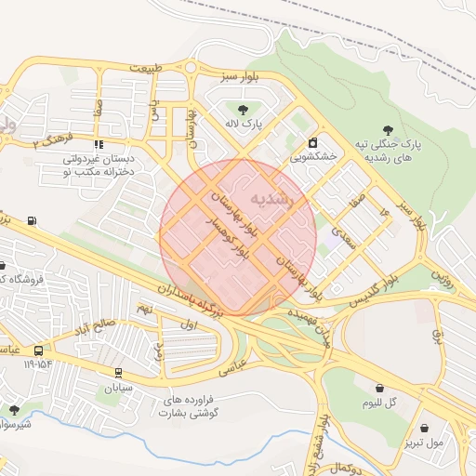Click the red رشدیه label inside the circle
[x=273, y=200]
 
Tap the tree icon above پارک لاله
[x=243, y=109]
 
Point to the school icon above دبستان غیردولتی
[x=99, y=145]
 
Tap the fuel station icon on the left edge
[x=33, y=220]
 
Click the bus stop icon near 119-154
[x=38, y=350]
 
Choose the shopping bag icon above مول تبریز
[x=425, y=429]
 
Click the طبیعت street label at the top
[x=152, y=68]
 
